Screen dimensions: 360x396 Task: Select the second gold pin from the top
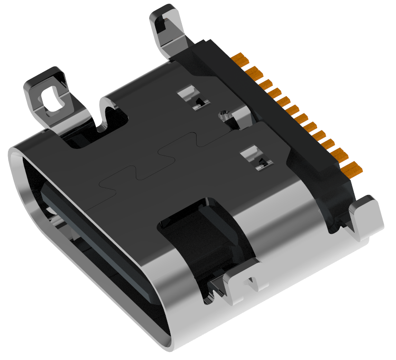coord(255,73)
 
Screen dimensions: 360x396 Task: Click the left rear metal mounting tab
coord(47,95)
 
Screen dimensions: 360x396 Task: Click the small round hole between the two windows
coord(223,115)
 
